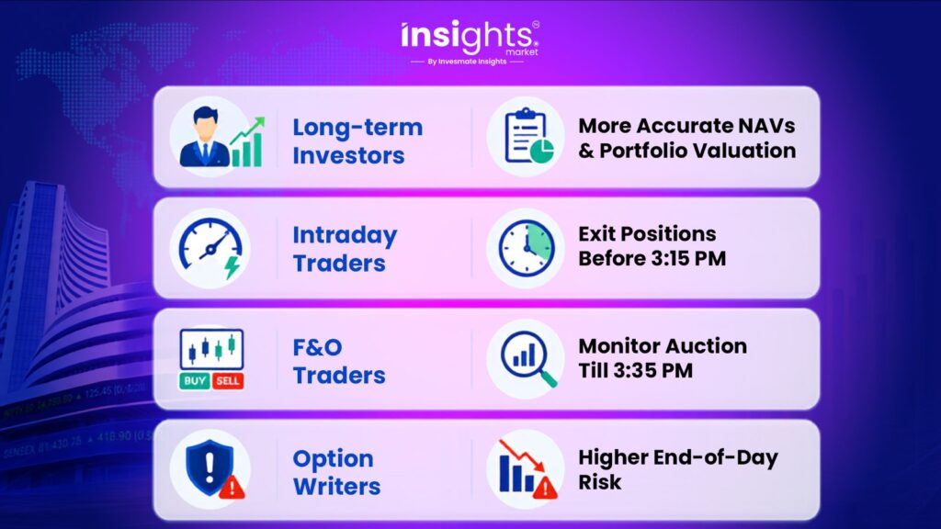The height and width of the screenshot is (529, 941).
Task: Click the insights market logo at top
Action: click(470, 38)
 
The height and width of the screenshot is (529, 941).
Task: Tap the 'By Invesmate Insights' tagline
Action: click(467, 62)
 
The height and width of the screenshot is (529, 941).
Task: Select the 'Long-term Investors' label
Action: click(357, 141)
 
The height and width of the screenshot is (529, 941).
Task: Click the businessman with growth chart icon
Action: click(220, 138)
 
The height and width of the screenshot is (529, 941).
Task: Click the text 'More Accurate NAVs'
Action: click(686, 125)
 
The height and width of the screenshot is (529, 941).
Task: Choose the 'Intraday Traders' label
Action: click(346, 248)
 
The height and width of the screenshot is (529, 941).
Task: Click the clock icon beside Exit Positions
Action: click(527, 248)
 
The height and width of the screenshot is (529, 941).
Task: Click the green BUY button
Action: click(195, 381)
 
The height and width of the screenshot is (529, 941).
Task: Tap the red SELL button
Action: click(228, 381)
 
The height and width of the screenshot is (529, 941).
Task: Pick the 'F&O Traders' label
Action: click(339, 361)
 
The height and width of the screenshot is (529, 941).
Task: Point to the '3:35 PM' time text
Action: click(653, 370)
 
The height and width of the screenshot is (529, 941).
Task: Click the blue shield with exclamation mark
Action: click(210, 467)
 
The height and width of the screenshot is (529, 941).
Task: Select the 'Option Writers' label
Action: click(336, 472)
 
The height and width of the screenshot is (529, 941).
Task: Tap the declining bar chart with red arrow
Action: click(527, 469)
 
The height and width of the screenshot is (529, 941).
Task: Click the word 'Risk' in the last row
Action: click(599, 481)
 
